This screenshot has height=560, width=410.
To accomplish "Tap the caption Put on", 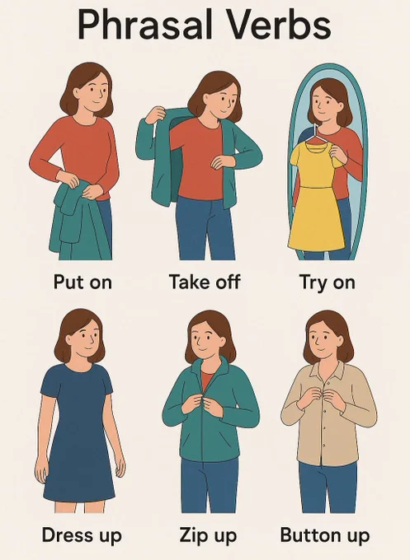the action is click(x=82, y=282).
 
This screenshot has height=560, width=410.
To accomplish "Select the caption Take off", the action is click(x=205, y=282).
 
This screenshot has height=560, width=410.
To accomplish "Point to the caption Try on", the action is click(x=327, y=282).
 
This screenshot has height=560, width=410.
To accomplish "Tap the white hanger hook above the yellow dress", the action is click(x=316, y=131).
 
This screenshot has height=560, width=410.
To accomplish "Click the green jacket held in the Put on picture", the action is click(x=79, y=222).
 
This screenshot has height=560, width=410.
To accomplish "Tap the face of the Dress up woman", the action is click(x=87, y=337).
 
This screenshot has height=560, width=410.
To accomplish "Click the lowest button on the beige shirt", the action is click(x=323, y=445).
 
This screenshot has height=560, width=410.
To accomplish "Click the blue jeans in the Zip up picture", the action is click(x=210, y=486).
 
